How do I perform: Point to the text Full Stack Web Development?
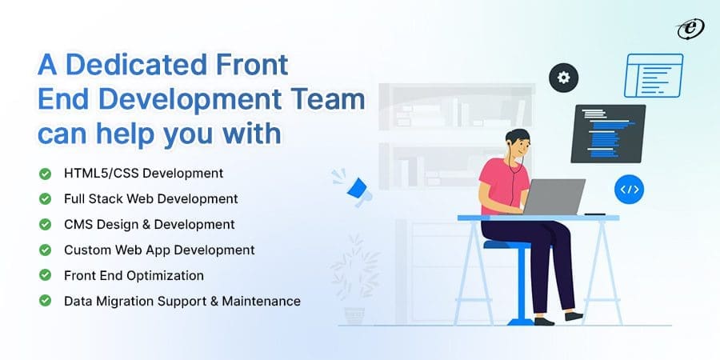click(x=150, y=198)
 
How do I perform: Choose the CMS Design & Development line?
click(x=149, y=224)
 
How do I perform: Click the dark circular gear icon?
click(x=563, y=78)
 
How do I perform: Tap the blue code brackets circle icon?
click(x=629, y=190)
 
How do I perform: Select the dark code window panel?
click(x=607, y=134)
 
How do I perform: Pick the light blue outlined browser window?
click(x=654, y=75)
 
